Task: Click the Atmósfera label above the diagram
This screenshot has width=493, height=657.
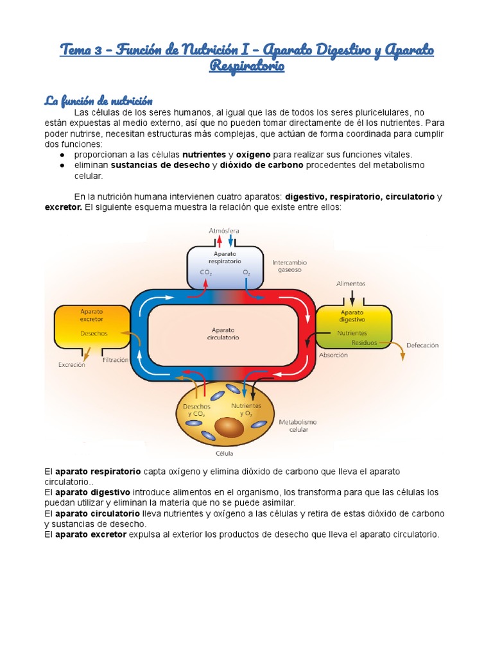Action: point(224,230)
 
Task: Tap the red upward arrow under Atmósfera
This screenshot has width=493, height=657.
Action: point(219,241)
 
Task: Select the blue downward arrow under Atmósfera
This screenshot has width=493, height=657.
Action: point(230,241)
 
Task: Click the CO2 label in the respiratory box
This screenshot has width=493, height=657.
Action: point(206,273)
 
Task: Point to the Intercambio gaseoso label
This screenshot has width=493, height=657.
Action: point(290,266)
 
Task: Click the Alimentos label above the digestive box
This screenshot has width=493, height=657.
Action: point(351,283)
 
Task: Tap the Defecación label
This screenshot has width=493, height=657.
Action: point(422,345)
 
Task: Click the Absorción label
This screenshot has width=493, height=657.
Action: point(334,355)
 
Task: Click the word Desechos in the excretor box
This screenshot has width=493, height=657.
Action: point(94,334)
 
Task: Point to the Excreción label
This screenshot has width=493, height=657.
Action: point(72,365)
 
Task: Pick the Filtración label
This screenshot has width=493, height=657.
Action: point(116,361)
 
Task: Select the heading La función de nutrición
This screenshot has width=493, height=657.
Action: point(98,101)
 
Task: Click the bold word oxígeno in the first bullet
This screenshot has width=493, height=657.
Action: point(253,155)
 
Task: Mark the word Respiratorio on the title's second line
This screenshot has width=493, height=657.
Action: point(246,66)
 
